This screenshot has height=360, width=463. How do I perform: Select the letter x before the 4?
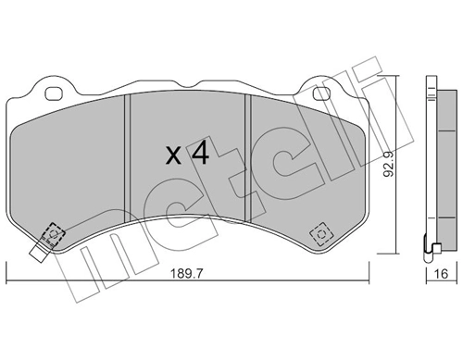click(173, 156)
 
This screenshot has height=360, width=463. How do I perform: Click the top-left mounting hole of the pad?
click(53, 92)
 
